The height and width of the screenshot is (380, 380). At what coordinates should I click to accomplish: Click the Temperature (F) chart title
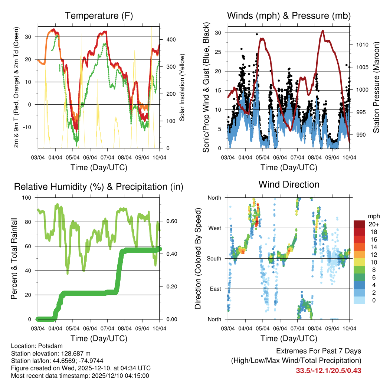pos(99,16)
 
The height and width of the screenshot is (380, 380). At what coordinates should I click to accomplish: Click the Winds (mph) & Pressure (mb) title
pos(289,16)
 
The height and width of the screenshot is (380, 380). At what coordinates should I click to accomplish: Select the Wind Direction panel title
pos(289,184)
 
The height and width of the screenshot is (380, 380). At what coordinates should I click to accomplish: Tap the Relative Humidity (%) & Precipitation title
pos(99,187)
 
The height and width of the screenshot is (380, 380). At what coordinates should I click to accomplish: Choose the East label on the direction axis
pos(214,289)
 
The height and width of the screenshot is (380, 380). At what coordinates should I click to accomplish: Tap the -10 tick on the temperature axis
pos(27,127)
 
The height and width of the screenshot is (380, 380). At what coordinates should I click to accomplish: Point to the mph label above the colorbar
pos(373,216)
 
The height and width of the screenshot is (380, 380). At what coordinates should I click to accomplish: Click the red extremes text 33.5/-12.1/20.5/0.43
pos(328,371)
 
